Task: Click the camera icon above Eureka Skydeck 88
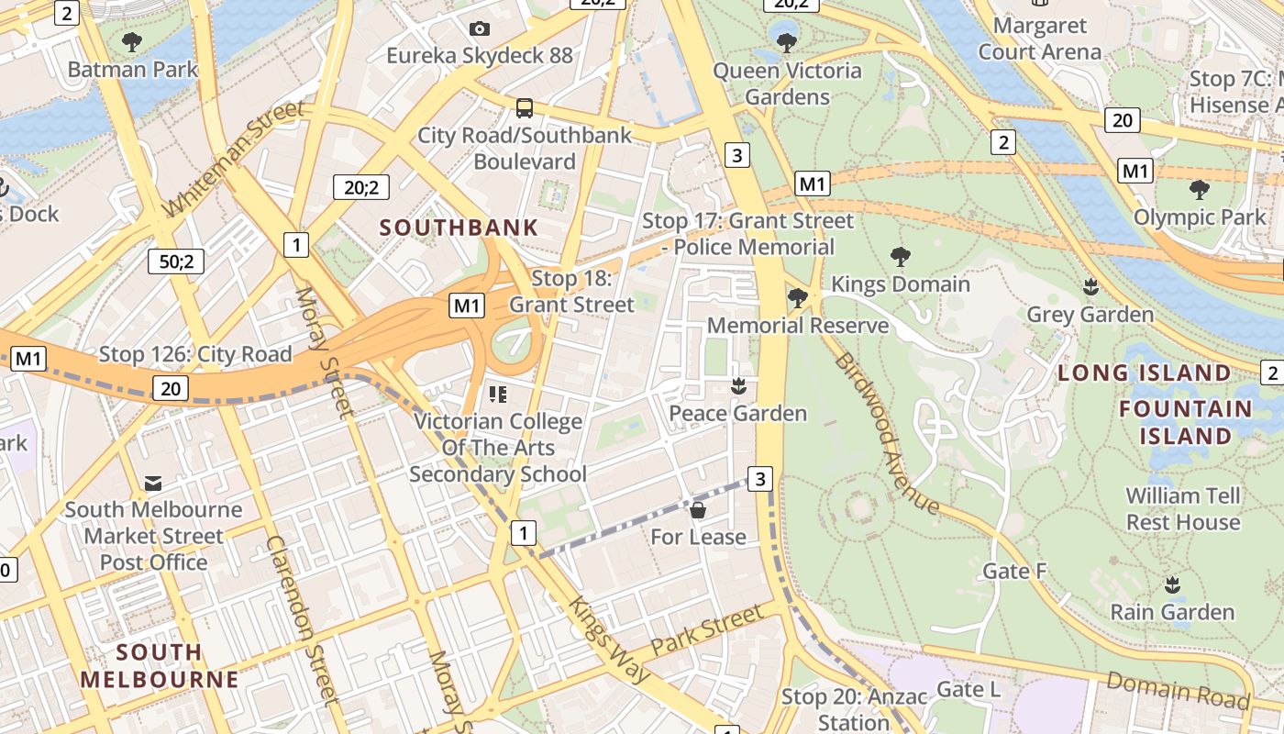[479, 28]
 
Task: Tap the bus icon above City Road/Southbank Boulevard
[524, 108]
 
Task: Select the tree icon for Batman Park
[132, 41]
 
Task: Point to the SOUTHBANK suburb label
[459, 228]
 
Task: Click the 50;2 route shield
[176, 261]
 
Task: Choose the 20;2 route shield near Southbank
[361, 187]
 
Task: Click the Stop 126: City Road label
[195, 354]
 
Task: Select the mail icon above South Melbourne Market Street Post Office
[153, 483]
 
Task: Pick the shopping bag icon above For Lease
[698, 509]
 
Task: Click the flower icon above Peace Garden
[738, 386]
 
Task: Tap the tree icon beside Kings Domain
[901, 257]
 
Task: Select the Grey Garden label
[1090, 315]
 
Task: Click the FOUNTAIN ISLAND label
[1185, 422]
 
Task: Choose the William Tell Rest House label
[1183, 509]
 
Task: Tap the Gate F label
[1014, 572]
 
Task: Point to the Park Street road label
[706, 630]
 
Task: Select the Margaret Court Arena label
[1039, 39]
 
